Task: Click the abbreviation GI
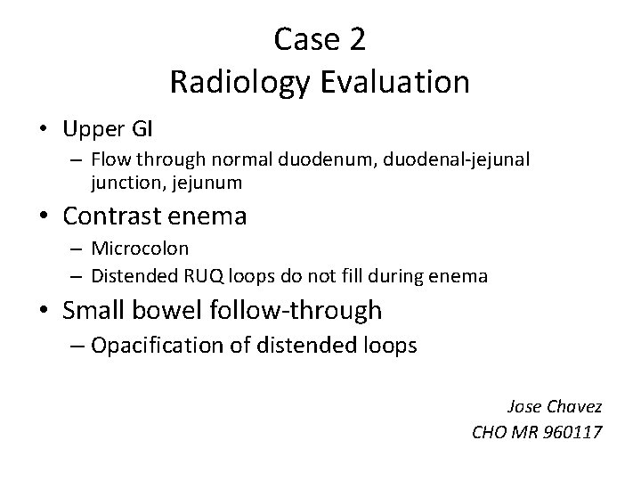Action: (x=142, y=129)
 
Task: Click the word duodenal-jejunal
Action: (x=418, y=161)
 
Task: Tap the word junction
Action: (x=123, y=183)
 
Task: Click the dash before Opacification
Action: (x=72, y=346)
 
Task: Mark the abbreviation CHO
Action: (x=490, y=434)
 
